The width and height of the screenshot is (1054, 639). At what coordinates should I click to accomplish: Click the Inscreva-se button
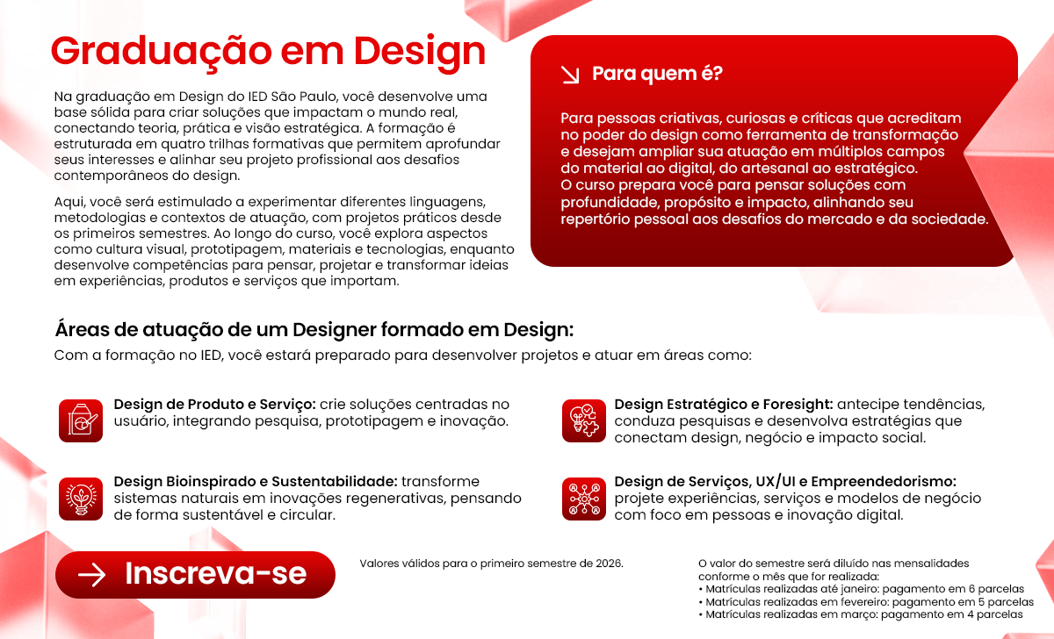[x=195, y=574]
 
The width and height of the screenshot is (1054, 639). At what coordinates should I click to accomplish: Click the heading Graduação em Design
[x=268, y=50]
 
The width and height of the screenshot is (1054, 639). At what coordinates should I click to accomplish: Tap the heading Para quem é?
[x=657, y=74]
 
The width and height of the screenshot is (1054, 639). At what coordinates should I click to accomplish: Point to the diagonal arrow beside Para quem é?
[x=570, y=75]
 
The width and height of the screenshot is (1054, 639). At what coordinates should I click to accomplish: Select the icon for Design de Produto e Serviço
[x=82, y=420]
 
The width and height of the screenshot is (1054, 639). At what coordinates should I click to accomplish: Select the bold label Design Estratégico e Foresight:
[x=724, y=405]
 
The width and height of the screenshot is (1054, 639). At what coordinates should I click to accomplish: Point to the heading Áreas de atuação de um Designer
[x=314, y=331]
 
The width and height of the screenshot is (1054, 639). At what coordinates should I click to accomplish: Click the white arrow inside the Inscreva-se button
[x=91, y=575]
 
